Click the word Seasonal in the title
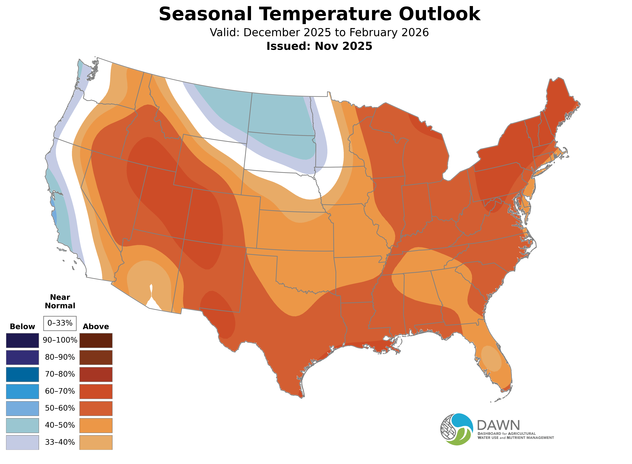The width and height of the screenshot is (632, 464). pos(205,14)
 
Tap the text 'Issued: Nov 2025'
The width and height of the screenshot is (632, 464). pos(319,46)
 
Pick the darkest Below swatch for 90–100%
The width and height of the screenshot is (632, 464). pos(23,340)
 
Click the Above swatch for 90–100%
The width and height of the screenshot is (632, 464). pos(96,340)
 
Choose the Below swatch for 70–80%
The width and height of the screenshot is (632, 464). pos(23,374)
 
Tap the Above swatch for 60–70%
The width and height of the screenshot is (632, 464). pos(96,391)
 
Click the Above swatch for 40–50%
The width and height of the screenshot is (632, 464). pos(96,425)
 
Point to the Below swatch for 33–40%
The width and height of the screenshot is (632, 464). pos(23,442)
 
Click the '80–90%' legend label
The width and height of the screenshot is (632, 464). pos(60,357)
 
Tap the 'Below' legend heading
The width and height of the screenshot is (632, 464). pos(23,327)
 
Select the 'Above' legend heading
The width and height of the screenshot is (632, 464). pos(96,327)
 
